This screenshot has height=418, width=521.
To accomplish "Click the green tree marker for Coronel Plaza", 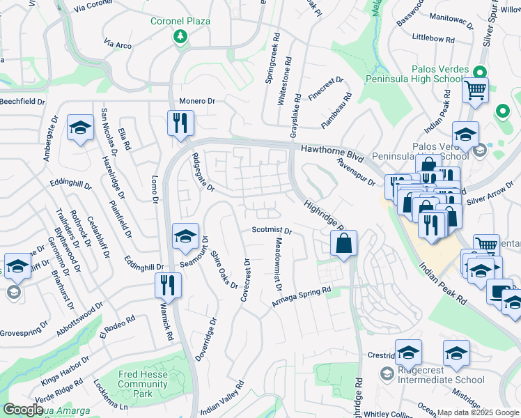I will point(180,36).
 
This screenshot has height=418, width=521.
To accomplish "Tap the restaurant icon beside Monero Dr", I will point(180,123).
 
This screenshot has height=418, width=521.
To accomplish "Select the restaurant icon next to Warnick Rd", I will point(168,285).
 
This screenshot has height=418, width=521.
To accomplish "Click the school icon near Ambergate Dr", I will point(80,127).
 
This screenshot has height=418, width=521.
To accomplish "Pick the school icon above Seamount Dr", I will point(185,237).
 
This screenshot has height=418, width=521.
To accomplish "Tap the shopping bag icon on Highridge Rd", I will point(344,244).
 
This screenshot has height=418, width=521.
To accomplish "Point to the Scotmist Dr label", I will point(271,231).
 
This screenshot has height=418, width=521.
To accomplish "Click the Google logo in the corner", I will point(23,410).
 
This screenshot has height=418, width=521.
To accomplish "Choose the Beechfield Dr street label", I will point(22,102).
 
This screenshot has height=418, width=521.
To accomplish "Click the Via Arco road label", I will point(118,45).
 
